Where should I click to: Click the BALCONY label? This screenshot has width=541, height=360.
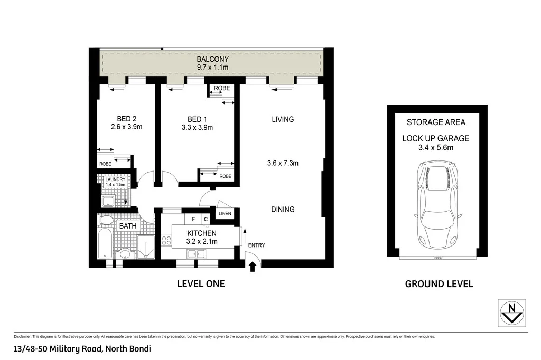click(x=212, y=60)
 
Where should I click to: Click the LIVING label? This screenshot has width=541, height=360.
click(x=283, y=119)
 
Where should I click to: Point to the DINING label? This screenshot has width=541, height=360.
click(x=283, y=210)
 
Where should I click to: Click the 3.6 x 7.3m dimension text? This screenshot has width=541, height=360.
click(x=283, y=163)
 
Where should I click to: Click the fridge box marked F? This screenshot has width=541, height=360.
click(x=193, y=219)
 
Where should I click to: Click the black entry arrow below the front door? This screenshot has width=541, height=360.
click(x=252, y=268)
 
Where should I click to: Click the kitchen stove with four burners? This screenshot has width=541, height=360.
click(x=166, y=241)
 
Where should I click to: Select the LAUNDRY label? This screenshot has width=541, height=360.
click(x=115, y=179)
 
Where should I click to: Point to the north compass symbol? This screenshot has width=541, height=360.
click(x=511, y=312)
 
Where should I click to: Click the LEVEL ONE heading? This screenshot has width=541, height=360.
click(x=200, y=284)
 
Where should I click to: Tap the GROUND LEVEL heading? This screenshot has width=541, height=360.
click(x=439, y=284)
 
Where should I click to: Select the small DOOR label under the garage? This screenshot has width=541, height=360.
click(x=437, y=258)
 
